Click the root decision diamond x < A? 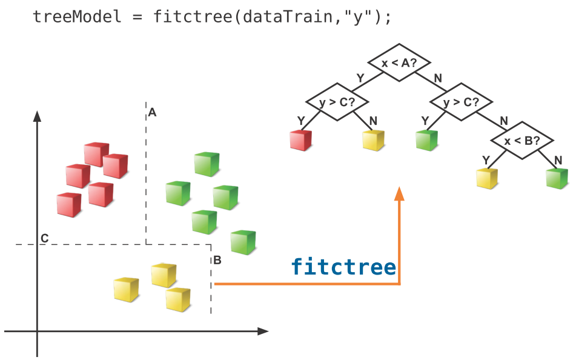[399, 62]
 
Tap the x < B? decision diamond [522, 141]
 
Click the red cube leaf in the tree [300, 140]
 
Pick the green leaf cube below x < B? [557, 178]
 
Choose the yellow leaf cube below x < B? [486, 179]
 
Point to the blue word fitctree [343, 267]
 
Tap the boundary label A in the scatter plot [153, 112]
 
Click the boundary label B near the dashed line [217, 261]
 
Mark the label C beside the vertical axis [44, 239]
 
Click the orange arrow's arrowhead [399, 193]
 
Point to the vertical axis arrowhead [38, 116]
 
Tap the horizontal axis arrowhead [262, 332]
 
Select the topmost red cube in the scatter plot [96, 154]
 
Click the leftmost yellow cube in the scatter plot [126, 289]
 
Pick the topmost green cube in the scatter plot [206, 164]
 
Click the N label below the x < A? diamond [438, 78]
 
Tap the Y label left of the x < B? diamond [485, 159]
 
